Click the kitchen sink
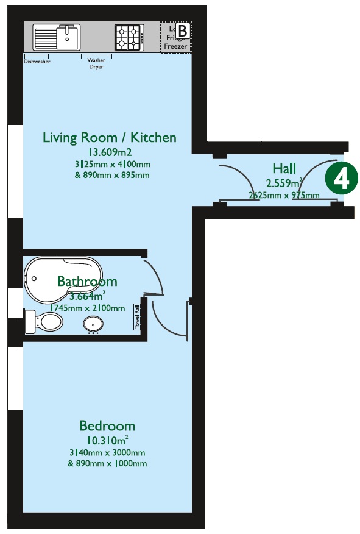(57, 37)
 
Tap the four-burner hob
(130, 37)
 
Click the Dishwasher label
(37, 62)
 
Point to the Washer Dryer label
(96, 63)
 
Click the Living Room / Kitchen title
(110, 137)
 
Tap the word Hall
(284, 168)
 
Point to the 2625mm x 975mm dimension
(284, 196)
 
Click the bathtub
(61, 280)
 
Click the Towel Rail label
(138, 317)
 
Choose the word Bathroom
(87, 281)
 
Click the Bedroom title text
(107, 425)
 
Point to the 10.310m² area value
(107, 441)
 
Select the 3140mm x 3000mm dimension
(107, 453)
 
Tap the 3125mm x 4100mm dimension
(110, 165)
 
